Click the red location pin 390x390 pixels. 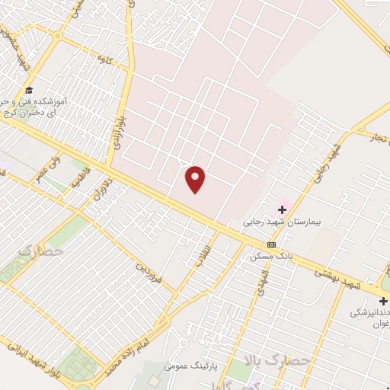196,179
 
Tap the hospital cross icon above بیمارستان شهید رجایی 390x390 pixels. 283,209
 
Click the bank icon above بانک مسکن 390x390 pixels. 272,245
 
